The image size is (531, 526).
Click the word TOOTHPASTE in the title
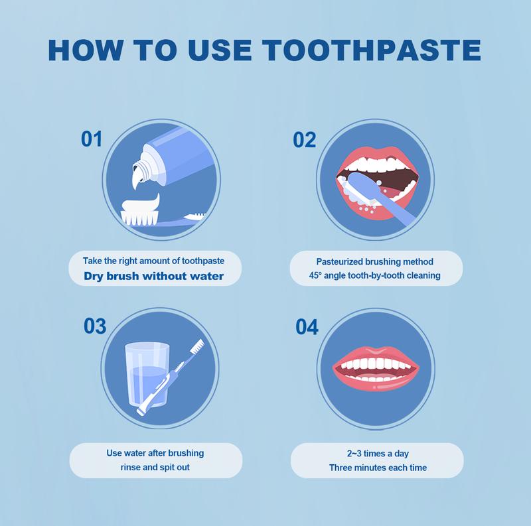point(372,50)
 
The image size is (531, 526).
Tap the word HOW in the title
point(85,50)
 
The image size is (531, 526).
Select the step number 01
point(92,139)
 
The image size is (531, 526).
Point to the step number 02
point(304,140)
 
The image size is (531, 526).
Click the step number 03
point(95,326)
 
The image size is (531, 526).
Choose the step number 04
point(307,327)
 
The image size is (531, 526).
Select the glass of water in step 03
point(147,374)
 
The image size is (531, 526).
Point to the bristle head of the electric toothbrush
point(197,346)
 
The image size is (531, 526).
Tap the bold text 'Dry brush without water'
point(154,276)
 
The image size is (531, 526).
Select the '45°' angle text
point(315,275)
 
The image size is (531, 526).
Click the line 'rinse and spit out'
point(155,468)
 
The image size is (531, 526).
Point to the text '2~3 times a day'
point(378,454)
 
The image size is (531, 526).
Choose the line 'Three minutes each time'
point(378,468)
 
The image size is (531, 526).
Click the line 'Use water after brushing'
point(155,453)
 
